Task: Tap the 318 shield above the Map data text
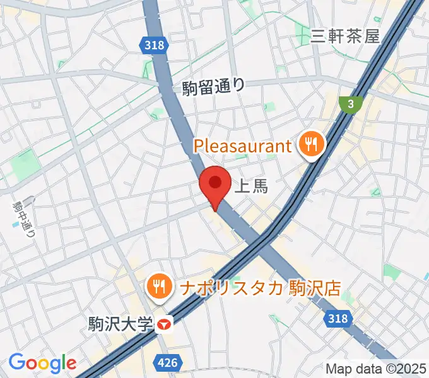click(338, 320)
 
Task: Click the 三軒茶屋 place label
click(346, 36)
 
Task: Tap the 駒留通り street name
click(213, 87)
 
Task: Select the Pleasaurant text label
click(243, 146)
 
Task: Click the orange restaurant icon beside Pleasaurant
click(310, 146)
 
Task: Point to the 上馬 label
click(251, 186)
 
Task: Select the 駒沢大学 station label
click(121, 324)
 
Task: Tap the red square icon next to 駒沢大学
click(165, 324)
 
